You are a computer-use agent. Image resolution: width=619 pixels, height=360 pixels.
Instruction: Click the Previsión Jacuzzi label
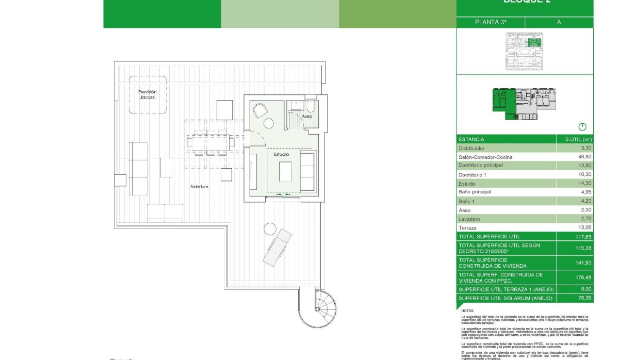(147, 94)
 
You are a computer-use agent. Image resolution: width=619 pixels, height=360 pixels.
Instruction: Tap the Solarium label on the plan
(199, 187)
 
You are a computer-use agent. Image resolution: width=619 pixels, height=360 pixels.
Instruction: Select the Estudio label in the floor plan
(281, 154)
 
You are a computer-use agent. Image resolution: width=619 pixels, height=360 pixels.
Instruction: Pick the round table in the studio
(268, 123)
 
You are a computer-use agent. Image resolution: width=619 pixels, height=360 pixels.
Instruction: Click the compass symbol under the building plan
(583, 126)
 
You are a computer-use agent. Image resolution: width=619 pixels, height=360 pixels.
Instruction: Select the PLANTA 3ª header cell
(491, 22)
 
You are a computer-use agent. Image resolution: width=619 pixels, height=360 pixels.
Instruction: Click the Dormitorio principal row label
(480, 165)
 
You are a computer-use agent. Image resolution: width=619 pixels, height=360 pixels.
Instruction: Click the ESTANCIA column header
(471, 139)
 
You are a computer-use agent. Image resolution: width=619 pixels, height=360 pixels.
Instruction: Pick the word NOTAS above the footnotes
(467, 311)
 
